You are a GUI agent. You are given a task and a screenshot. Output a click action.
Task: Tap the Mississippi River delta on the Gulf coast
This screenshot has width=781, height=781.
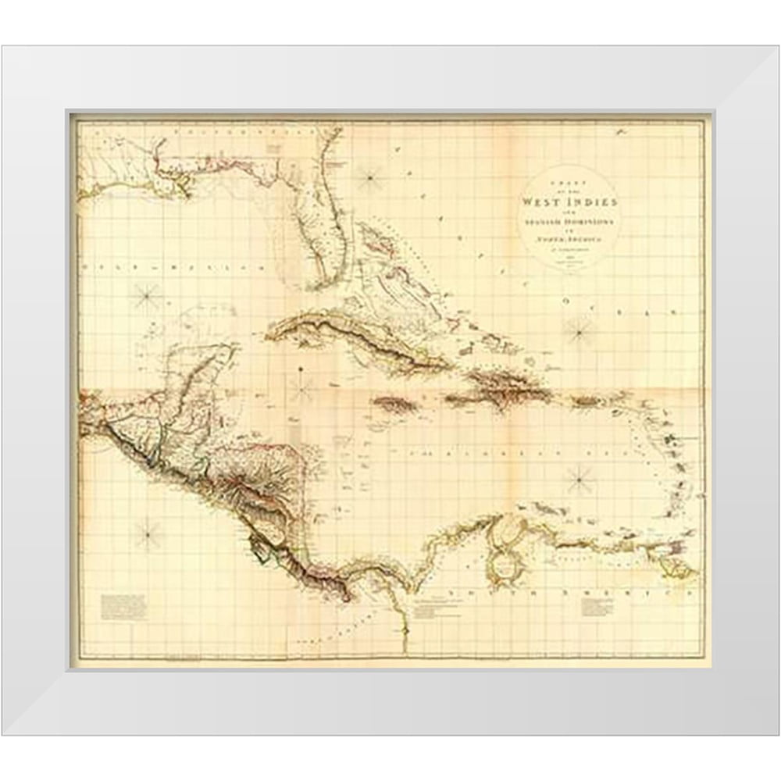[181, 187]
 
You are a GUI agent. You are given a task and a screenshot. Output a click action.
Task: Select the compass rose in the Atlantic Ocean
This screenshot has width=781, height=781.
[580, 331]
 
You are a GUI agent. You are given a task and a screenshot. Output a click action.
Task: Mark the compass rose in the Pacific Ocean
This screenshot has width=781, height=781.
[147, 534]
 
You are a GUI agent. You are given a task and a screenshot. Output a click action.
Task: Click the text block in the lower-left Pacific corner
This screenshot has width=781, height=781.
[123, 606]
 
